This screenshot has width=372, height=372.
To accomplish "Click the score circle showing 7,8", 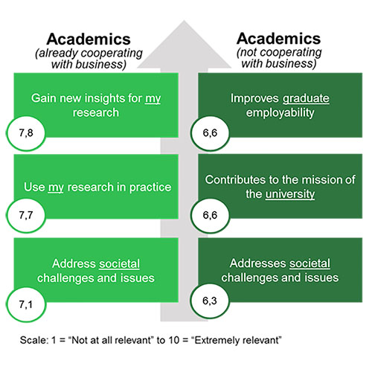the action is [26, 133].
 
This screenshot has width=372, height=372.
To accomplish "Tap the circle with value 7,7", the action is [26, 215].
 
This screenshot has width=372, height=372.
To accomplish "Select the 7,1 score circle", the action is [26, 304].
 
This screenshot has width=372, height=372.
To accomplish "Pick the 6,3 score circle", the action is [210, 301].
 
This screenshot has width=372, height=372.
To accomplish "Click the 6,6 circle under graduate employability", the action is [210, 133].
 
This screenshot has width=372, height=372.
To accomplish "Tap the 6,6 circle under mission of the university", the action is [210, 215].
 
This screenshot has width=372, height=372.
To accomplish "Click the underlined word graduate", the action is [306, 99].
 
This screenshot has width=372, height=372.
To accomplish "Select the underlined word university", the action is [290, 194].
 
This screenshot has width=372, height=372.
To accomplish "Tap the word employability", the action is [280, 113].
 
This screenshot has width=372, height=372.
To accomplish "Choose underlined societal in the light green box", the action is [119, 264].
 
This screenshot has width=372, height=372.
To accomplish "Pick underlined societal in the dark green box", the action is [310, 263].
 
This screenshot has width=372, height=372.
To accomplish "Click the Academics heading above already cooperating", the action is [89, 39].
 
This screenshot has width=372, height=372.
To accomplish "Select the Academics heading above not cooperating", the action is [279, 39].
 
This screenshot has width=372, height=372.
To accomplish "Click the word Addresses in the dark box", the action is [257, 263].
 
